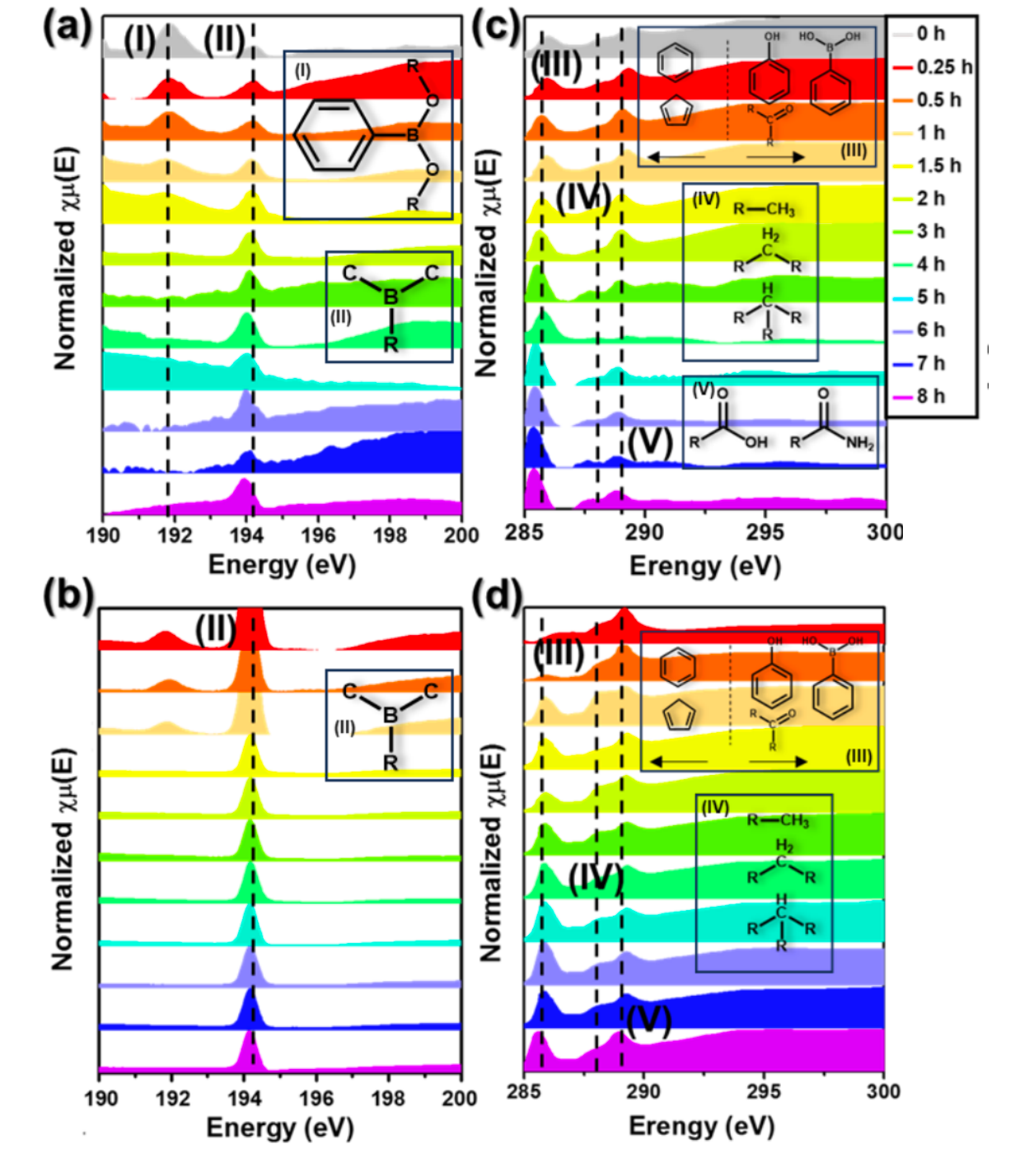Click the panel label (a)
(x=68, y=30)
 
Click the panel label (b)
(x=68, y=595)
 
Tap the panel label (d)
(x=497, y=595)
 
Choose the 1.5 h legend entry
(x=938, y=166)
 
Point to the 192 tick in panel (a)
(x=174, y=536)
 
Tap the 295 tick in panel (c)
(x=765, y=532)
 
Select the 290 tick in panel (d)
(x=643, y=1092)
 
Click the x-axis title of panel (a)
(x=282, y=565)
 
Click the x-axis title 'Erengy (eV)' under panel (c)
(x=704, y=566)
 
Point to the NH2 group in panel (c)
(x=859, y=444)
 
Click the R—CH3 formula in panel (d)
(x=778, y=820)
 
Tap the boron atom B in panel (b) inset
(x=391, y=715)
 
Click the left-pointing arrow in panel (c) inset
(x=676, y=156)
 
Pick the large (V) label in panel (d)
(x=648, y=1021)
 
